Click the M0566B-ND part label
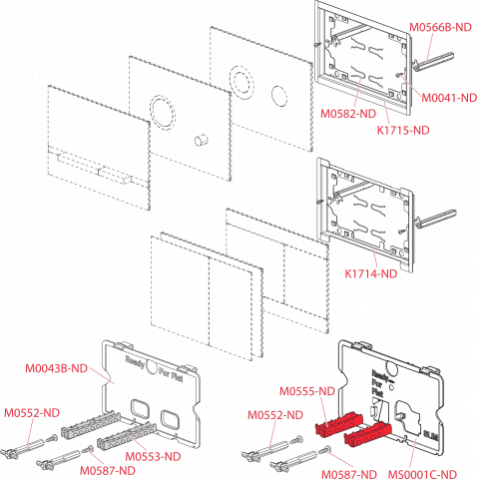440,27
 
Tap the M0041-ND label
449,98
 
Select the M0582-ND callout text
348,114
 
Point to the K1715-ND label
403,130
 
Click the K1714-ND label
371,273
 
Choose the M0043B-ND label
56,368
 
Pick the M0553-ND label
153,456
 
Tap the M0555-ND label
307,391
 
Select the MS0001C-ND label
422,474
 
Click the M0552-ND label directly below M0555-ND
275,415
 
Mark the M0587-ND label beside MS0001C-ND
349,474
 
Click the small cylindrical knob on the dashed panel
201,140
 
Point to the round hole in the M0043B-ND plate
152,367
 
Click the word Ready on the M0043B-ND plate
136,362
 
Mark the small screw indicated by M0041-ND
400,75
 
